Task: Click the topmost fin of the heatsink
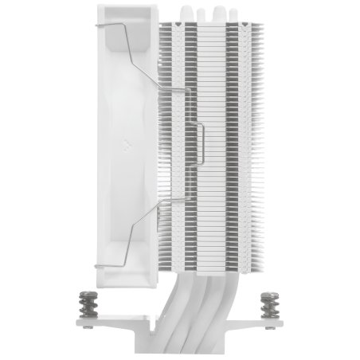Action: [211, 24]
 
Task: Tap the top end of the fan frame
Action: [127, 10]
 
